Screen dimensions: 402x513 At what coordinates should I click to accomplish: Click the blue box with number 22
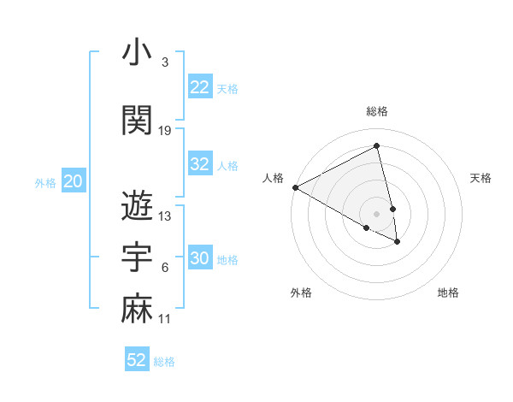pos(200,86)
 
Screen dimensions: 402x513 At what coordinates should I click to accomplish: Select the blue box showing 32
pos(200,164)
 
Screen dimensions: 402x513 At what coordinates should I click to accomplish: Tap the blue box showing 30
pos(200,258)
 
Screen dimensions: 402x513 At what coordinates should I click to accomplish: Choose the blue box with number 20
pos(74,181)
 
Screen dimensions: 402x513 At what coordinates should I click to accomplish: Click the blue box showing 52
pos(137,360)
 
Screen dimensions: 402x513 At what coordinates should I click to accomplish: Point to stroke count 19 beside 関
pos(165,131)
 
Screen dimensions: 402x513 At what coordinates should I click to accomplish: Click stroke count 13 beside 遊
pos(165,216)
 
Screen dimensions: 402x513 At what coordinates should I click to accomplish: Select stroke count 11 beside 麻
pos(165,319)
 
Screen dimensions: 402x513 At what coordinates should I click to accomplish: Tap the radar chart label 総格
pos(377,111)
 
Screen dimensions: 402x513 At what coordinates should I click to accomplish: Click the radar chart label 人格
pos(273,178)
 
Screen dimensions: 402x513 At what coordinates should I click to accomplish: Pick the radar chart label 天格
pos(481,178)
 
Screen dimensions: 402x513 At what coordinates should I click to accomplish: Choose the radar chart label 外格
pos(301,293)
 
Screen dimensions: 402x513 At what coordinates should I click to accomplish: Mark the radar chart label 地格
pos(448,293)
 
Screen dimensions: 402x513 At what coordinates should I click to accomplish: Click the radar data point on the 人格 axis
pos(295,187)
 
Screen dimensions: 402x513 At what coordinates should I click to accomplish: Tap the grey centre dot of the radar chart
pos(377,213)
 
